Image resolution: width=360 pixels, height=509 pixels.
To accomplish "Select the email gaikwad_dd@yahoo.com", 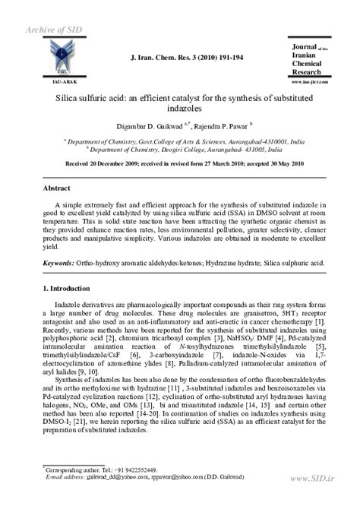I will [89, 479].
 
